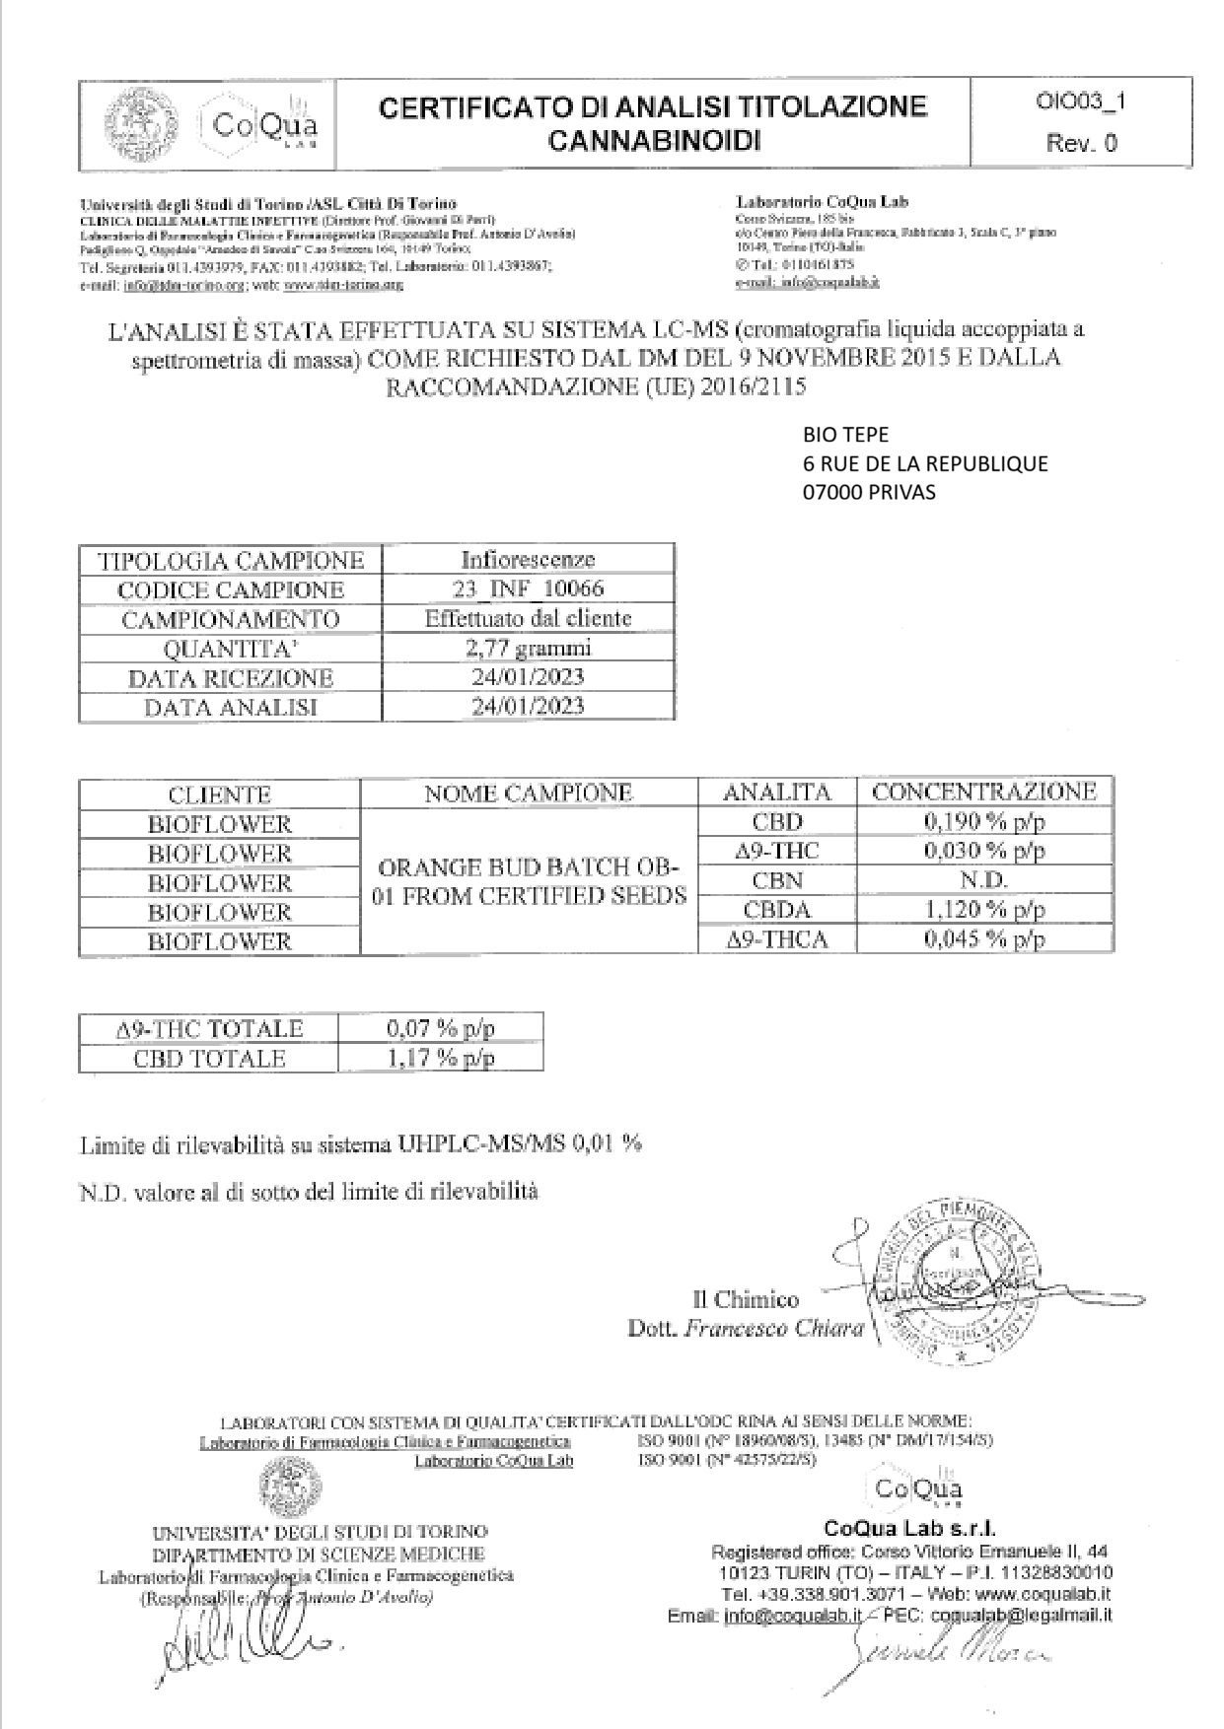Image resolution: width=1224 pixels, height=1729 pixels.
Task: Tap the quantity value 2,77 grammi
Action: pyautogui.click(x=528, y=648)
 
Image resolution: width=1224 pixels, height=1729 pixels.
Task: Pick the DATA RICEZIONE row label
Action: pyautogui.click(x=231, y=678)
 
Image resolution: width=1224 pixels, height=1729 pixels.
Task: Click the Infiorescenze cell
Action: pyautogui.click(x=528, y=559)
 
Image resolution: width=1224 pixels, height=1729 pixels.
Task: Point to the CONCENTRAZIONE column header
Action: pyautogui.click(x=984, y=792)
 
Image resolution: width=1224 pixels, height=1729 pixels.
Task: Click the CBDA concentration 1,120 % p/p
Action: pyautogui.click(x=984, y=909)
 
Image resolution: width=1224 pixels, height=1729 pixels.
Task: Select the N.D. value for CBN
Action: pyautogui.click(x=984, y=879)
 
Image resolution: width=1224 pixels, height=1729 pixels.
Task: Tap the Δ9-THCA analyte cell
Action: pyautogui.click(x=777, y=939)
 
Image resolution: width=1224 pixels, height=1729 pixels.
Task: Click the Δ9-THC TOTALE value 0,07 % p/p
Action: pyautogui.click(x=440, y=1029)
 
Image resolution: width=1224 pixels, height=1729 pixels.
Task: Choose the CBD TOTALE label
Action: pyautogui.click(x=209, y=1059)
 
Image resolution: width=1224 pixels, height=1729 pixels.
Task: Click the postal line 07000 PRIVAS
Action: pyautogui.click(x=869, y=492)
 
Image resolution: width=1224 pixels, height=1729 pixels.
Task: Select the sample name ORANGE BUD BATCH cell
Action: pyautogui.click(x=529, y=881)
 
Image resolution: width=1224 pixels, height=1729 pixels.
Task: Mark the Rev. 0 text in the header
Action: pyautogui.click(x=1081, y=143)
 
